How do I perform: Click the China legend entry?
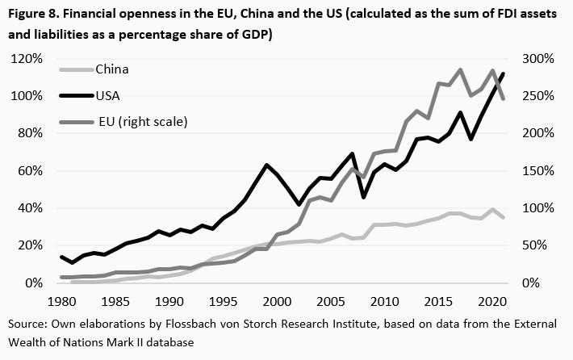coord(112,69)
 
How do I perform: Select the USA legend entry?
coord(108,95)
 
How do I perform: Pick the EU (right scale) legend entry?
coord(141,122)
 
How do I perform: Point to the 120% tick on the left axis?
coord(27,59)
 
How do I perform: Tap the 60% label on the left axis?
coord(31,171)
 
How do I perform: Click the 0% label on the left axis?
coord(34,283)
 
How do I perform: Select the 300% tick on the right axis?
coord(535,59)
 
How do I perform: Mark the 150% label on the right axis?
coord(535,171)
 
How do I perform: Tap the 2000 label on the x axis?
coord(276,301)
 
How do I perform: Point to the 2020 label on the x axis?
coord(491,301)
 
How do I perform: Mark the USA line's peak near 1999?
coord(266,165)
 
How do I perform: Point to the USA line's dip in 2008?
coord(363,197)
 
